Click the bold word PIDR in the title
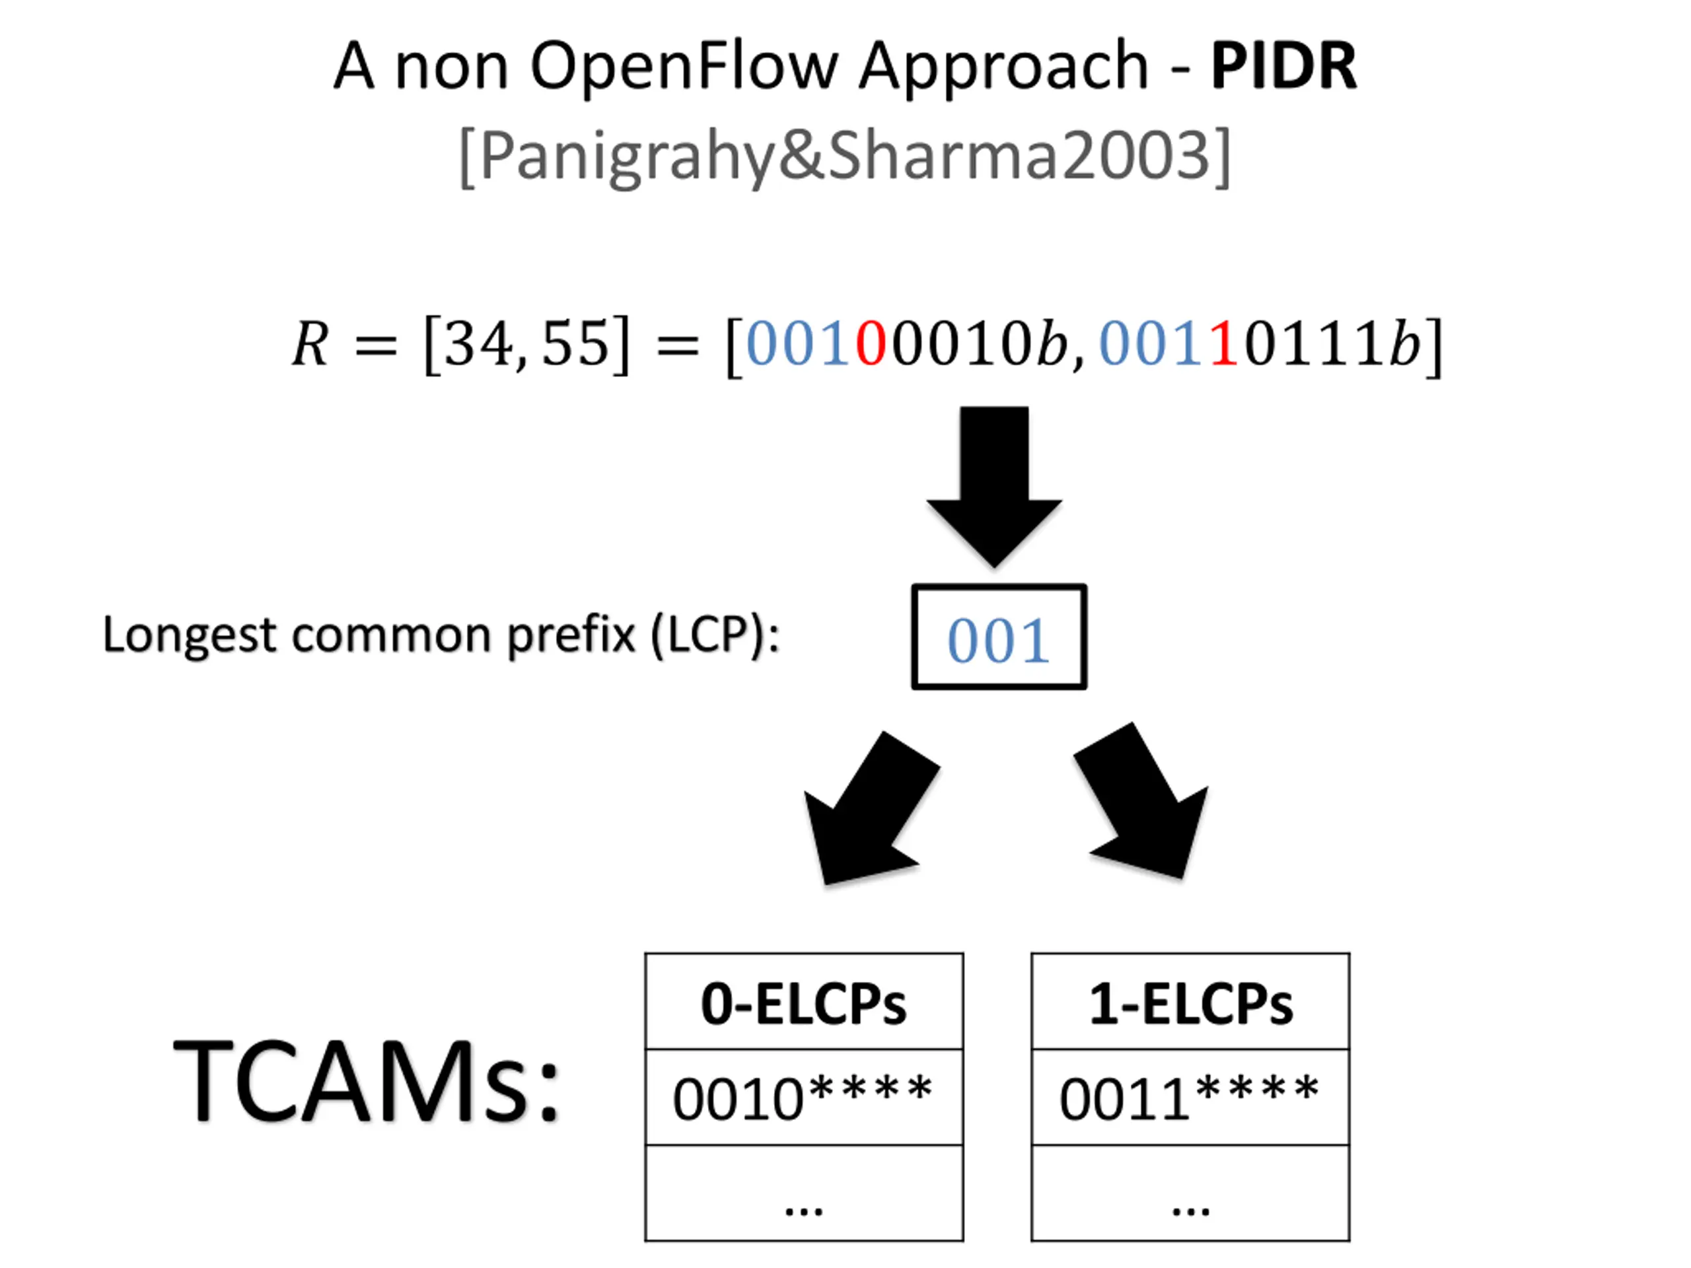point(1283,66)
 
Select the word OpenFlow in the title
point(684,66)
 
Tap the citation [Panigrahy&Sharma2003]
point(845,156)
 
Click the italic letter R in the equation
point(310,343)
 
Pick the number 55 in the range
point(575,343)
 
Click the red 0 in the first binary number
point(871,343)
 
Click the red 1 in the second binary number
point(1224,343)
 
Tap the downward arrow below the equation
point(994,486)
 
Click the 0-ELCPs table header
point(805,1002)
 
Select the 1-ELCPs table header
point(1190,1002)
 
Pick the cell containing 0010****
point(805,1098)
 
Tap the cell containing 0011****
point(1190,1098)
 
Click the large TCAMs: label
point(368,1080)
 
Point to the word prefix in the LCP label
point(571,635)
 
